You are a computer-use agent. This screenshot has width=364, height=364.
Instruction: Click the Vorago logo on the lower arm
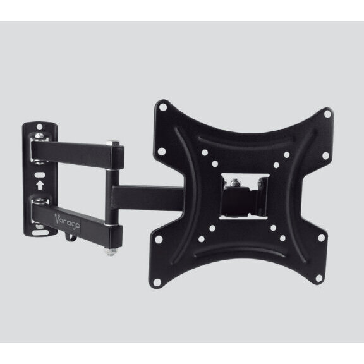pyautogui.click(x=68, y=221)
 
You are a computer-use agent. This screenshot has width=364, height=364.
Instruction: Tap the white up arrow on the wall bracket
pyautogui.click(x=40, y=185)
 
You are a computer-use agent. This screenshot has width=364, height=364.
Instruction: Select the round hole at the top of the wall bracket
pyautogui.click(x=39, y=127)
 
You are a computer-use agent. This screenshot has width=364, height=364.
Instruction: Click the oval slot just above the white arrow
pyautogui.click(x=40, y=174)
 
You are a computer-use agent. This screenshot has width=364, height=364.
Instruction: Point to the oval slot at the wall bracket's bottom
pyautogui.click(x=40, y=233)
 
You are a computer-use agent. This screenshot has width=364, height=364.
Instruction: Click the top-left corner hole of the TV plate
pyautogui.click(x=163, y=107)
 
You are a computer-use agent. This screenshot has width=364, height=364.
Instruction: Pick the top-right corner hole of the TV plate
pyautogui.click(x=327, y=114)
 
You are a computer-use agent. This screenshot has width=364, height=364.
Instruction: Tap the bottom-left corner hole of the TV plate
pyautogui.click(x=157, y=282)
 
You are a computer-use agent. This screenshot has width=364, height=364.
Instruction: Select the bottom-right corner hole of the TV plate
pyautogui.click(x=319, y=278)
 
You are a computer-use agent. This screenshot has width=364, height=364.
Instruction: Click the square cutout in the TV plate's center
pyautogui.click(x=244, y=197)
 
